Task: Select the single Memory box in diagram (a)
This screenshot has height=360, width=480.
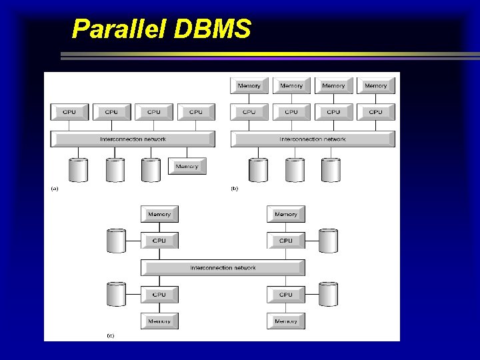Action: click(187, 166)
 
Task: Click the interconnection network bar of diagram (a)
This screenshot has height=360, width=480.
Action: click(133, 139)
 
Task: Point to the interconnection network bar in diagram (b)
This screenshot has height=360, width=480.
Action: click(313, 139)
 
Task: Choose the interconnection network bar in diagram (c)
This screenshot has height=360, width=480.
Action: click(223, 268)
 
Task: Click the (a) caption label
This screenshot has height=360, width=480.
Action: click(55, 189)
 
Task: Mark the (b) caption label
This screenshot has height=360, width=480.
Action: click(234, 189)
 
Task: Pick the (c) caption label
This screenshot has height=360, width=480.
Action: click(110, 335)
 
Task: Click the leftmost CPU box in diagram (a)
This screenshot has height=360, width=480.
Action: click(69, 112)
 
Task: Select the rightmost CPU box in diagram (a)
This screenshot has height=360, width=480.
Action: click(196, 112)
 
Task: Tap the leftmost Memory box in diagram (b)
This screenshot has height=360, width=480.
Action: click(249, 85)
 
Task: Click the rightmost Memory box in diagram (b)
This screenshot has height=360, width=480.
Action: click(376, 85)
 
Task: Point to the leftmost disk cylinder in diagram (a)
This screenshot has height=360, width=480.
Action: click(79, 170)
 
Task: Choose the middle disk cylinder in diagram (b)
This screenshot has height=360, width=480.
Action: click(295, 170)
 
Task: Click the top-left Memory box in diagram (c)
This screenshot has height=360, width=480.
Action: click(159, 214)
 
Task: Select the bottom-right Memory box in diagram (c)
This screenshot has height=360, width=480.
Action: click(286, 321)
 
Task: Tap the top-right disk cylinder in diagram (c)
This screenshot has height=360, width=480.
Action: click(328, 240)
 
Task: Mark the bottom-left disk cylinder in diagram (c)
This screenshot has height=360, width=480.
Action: click(117, 294)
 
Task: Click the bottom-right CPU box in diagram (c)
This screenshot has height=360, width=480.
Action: click(286, 294)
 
